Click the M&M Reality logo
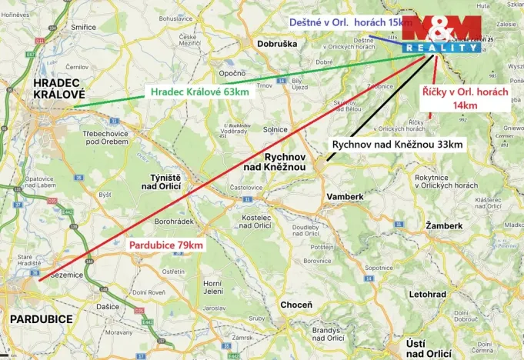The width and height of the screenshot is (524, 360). [442, 33]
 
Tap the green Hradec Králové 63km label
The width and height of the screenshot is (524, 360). [199, 92]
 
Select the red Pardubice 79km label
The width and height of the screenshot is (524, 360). [166, 245]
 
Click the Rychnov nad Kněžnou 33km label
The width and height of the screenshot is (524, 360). [397, 144]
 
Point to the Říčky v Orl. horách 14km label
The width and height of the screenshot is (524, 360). [465, 98]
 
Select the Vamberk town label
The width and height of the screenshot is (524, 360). [344, 196]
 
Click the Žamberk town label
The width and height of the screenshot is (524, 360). [444, 225]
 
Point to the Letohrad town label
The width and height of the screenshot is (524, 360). [428, 295]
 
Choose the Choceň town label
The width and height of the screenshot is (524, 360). [296, 305]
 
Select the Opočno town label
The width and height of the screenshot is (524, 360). [232, 73]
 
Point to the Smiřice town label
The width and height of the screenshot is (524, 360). [83, 27]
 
